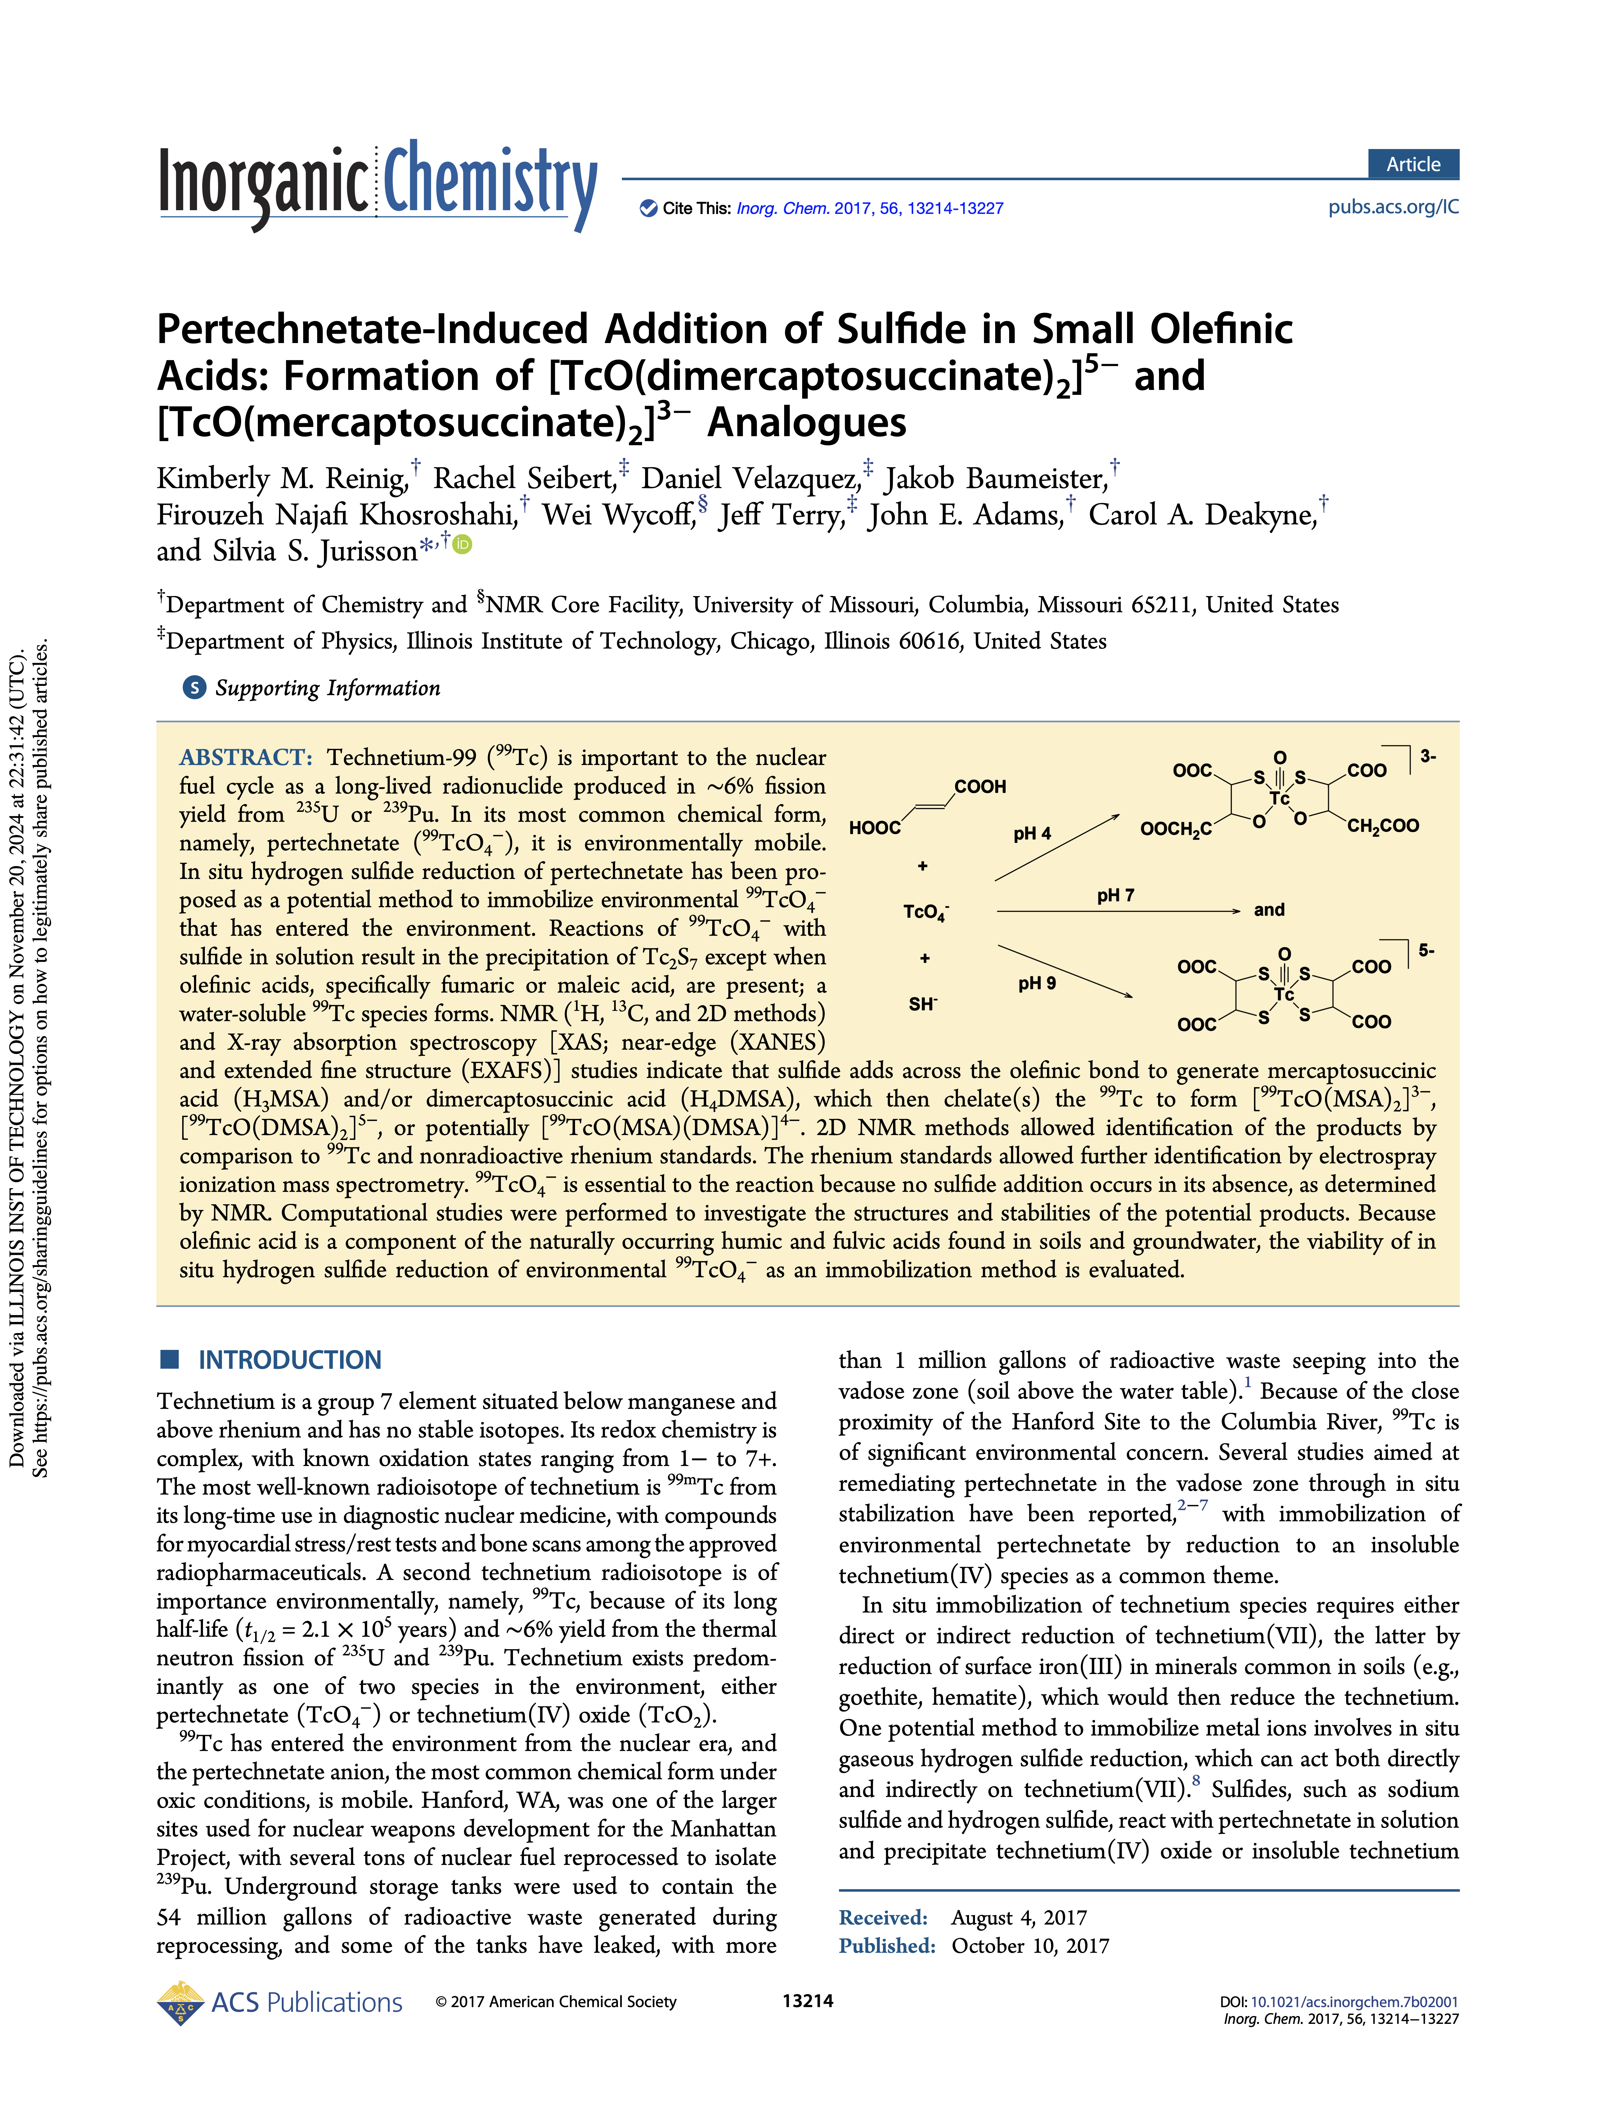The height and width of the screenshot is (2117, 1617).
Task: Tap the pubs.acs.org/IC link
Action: point(1393,207)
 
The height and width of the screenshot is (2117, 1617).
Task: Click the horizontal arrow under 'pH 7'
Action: point(1116,911)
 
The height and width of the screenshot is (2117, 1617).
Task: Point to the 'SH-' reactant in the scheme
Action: point(922,1004)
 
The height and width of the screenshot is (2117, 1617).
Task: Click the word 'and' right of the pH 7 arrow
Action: point(1269,910)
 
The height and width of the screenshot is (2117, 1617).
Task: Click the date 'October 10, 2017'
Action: point(1030,1946)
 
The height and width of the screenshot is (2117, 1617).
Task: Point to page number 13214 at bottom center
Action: point(807,2001)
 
